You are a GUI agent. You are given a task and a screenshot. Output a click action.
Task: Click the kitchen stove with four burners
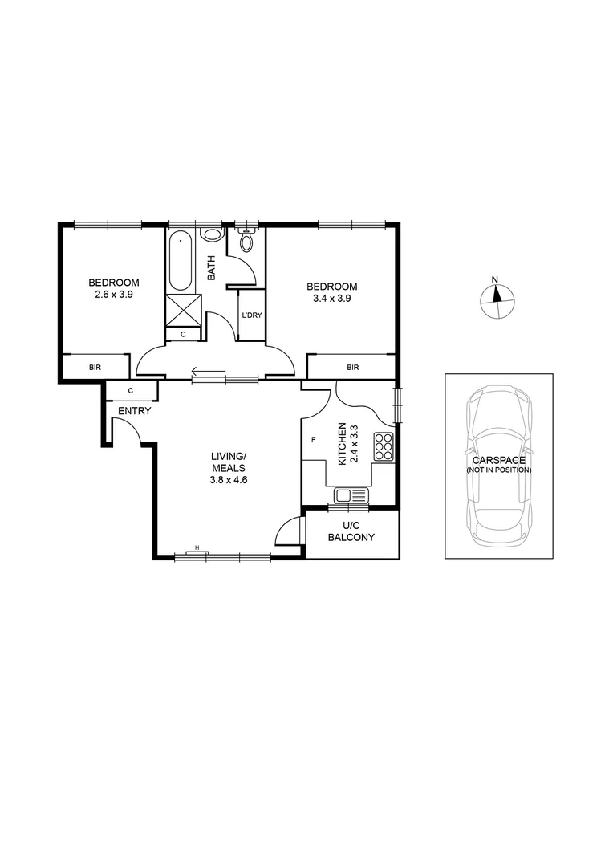(384, 446)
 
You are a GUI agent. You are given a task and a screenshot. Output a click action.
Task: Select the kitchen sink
(351, 495)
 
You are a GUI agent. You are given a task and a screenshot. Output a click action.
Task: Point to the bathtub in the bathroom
(181, 261)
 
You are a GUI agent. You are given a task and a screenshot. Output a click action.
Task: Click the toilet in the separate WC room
(246, 239)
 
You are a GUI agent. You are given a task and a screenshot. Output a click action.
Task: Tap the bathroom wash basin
(212, 235)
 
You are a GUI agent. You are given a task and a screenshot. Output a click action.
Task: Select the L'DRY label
(252, 315)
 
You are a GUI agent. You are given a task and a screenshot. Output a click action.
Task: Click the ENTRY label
(134, 411)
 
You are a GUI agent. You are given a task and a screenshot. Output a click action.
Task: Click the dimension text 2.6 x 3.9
(114, 294)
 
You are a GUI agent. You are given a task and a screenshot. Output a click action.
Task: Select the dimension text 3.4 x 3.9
(331, 298)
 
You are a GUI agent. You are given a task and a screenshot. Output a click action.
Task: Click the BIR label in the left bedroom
(95, 367)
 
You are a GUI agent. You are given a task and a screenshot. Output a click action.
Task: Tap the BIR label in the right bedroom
(352, 367)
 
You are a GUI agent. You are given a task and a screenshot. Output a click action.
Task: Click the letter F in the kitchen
(313, 440)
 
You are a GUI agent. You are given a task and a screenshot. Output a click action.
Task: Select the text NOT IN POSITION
(499, 470)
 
